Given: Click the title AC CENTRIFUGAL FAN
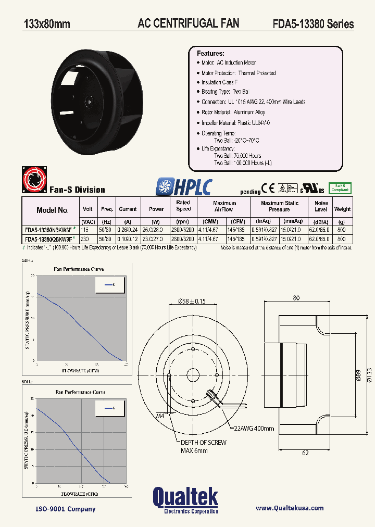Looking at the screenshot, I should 188,23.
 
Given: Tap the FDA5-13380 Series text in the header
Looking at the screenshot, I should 313,24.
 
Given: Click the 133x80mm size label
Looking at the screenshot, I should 47,24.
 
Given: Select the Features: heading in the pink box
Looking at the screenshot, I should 210,54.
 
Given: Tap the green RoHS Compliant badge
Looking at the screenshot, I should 340,187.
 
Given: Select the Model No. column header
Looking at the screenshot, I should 53,210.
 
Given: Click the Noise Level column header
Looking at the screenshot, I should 321,206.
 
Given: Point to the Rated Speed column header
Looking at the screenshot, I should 183,206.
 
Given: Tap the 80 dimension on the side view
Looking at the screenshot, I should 296,298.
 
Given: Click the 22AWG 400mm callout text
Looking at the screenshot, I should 254,428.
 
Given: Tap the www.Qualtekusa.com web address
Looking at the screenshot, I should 290,508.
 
